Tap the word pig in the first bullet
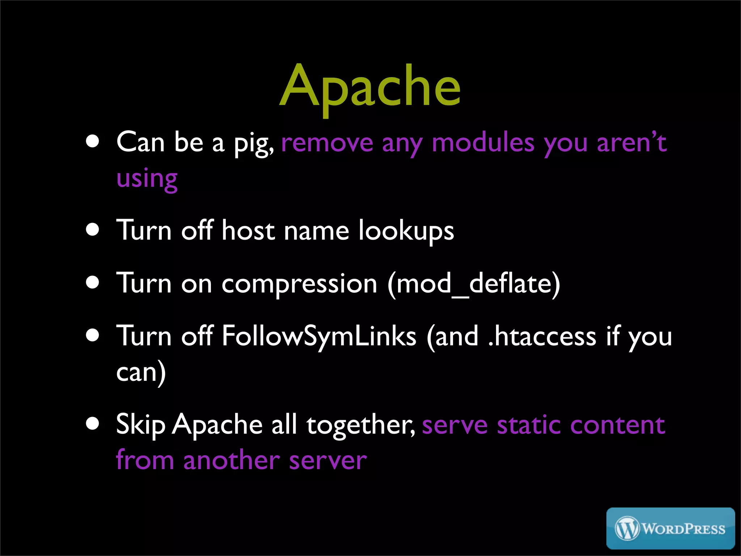click(x=253, y=143)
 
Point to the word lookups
click(x=406, y=231)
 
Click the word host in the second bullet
click(x=248, y=231)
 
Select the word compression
click(x=299, y=284)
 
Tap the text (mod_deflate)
click(x=474, y=284)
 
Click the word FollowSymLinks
click(x=319, y=336)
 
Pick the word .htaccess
click(x=542, y=336)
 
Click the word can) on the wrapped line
click(x=141, y=372)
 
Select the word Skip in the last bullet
click(x=140, y=425)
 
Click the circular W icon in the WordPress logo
click(x=627, y=528)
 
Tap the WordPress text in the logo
click(x=683, y=529)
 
